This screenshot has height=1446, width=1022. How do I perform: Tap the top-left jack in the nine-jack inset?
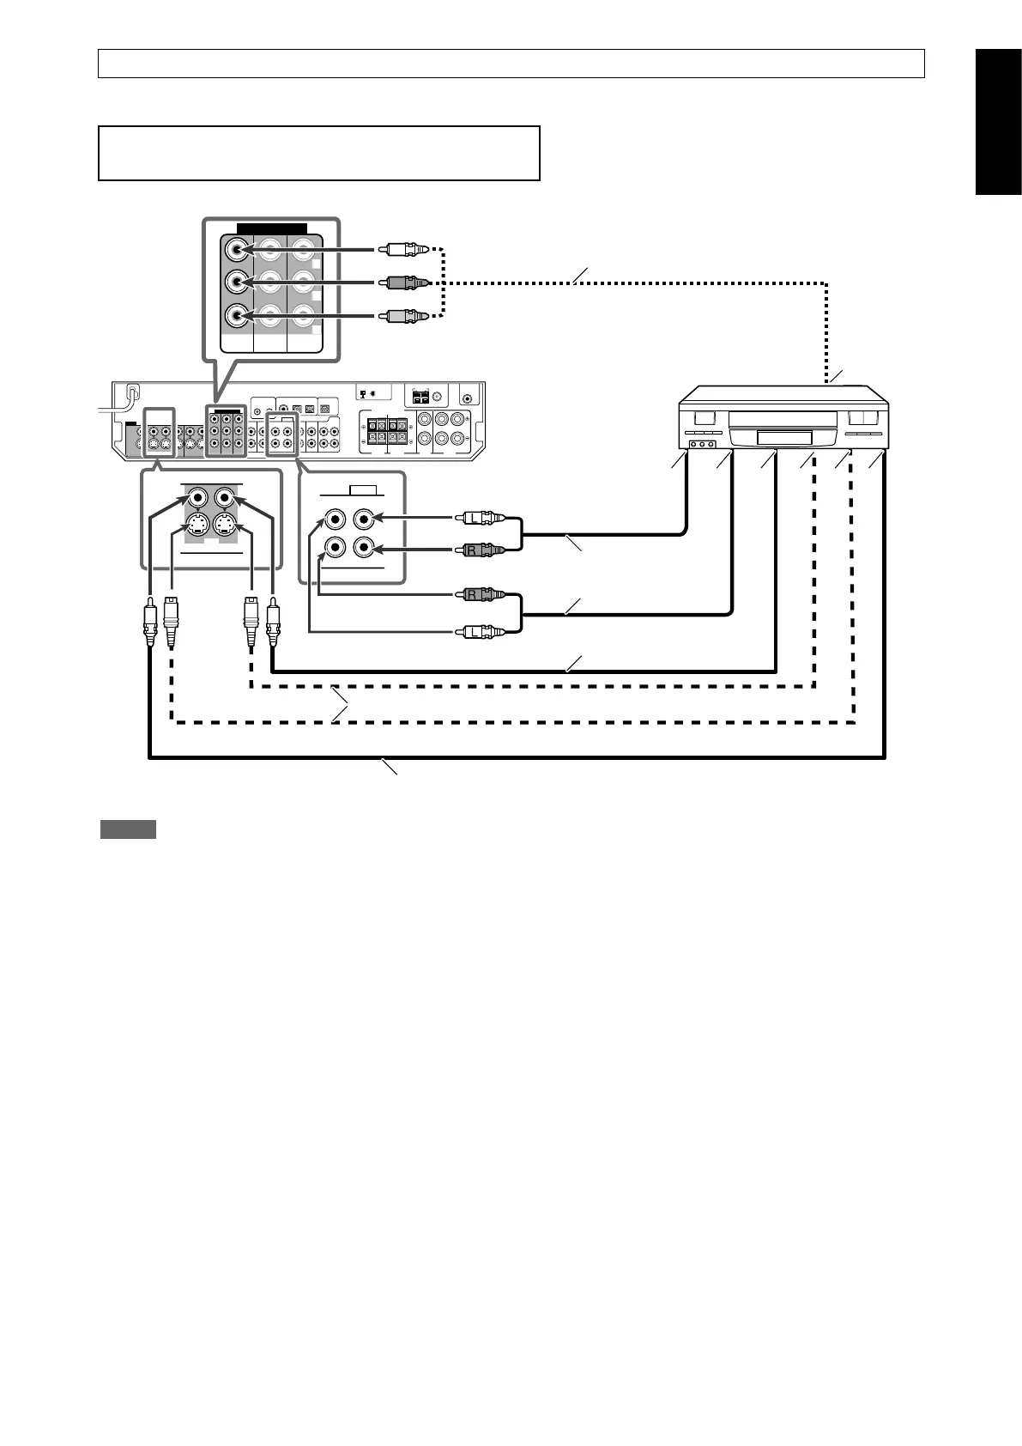[x=237, y=250]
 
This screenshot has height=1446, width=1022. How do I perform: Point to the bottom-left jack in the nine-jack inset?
[x=237, y=316]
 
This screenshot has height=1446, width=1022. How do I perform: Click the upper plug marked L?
[x=478, y=518]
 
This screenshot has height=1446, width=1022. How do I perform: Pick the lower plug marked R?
[x=478, y=593]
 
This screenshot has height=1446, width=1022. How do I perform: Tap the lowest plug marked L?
[x=478, y=633]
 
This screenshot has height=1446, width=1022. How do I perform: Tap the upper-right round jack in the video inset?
[x=224, y=496]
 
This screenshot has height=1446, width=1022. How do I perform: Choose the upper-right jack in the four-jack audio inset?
[x=365, y=518]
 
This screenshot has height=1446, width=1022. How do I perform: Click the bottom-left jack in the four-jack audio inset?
[x=334, y=548]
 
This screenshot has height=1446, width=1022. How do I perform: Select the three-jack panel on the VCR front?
[x=703, y=445]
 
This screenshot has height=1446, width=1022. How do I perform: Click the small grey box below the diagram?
[x=128, y=829]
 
